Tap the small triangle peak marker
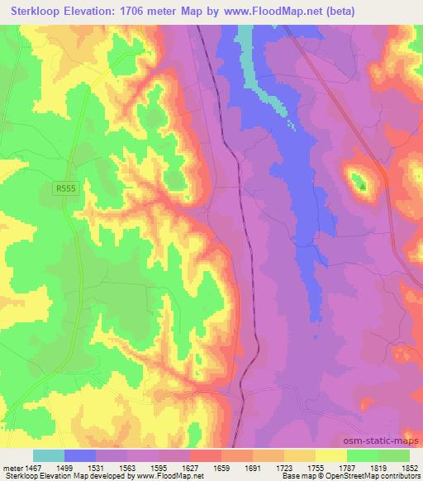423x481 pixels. [x=362, y=184]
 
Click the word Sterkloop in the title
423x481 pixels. [x=37, y=11]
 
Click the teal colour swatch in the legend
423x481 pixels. [x=49, y=455]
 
